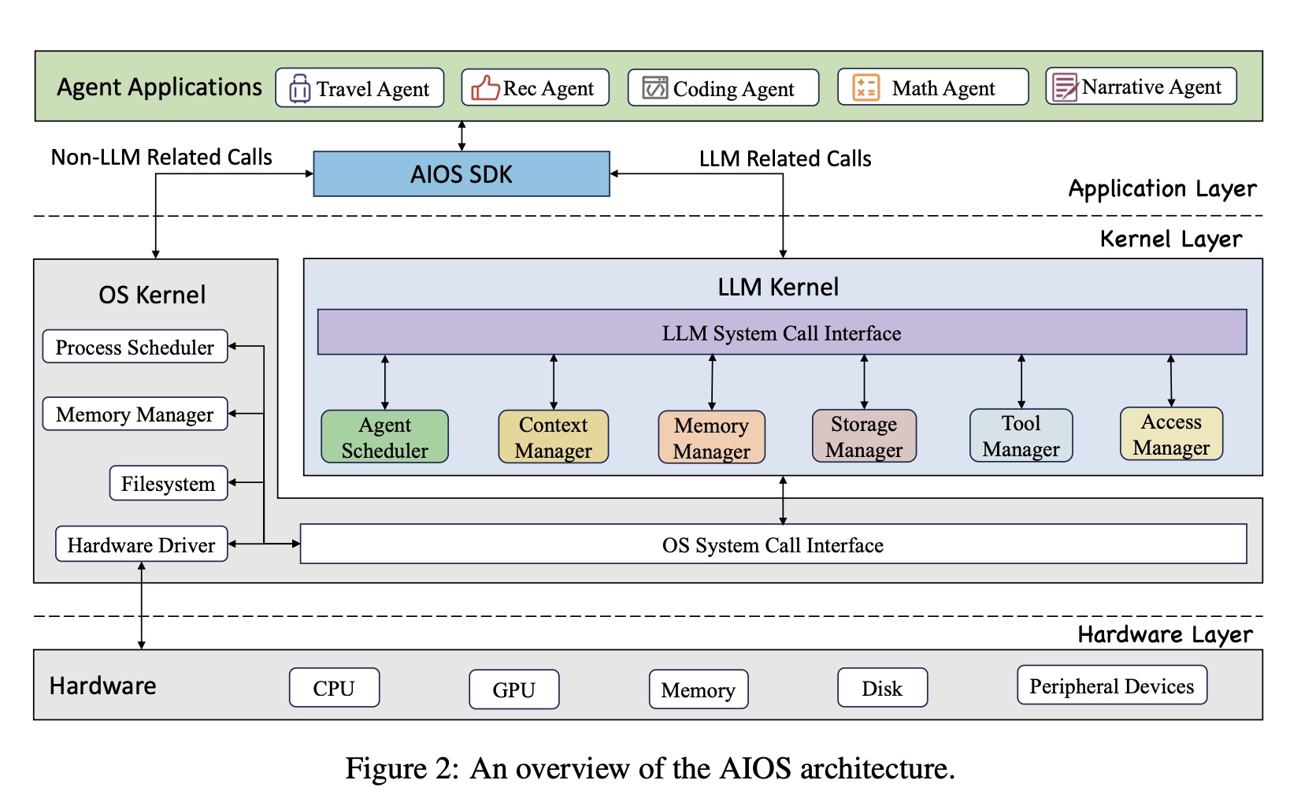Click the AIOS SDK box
pyautogui.click(x=461, y=174)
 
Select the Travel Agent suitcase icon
pyautogui.click(x=299, y=88)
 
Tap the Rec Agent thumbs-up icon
pyautogui.click(x=485, y=87)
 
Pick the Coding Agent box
pyautogui.click(x=723, y=87)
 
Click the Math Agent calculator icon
pyautogui.click(x=865, y=87)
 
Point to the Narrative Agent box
pyautogui.click(x=1140, y=87)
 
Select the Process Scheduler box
pyautogui.click(x=135, y=347)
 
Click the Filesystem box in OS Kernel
pyautogui.click(x=168, y=483)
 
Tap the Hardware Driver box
pyautogui.click(x=141, y=544)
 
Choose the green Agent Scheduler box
pyautogui.click(x=384, y=437)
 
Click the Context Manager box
pyautogui.click(x=553, y=437)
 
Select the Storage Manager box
pyautogui.click(x=864, y=436)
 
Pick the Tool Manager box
pyautogui.click(x=1021, y=435)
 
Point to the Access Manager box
pyautogui.click(x=1171, y=434)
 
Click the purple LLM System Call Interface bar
pyautogui.click(x=781, y=333)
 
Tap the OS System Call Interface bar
pyautogui.click(x=773, y=544)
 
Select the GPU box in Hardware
pyautogui.click(x=513, y=689)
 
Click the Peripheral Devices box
pyautogui.click(x=1111, y=686)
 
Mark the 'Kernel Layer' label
pyautogui.click(x=1170, y=239)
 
